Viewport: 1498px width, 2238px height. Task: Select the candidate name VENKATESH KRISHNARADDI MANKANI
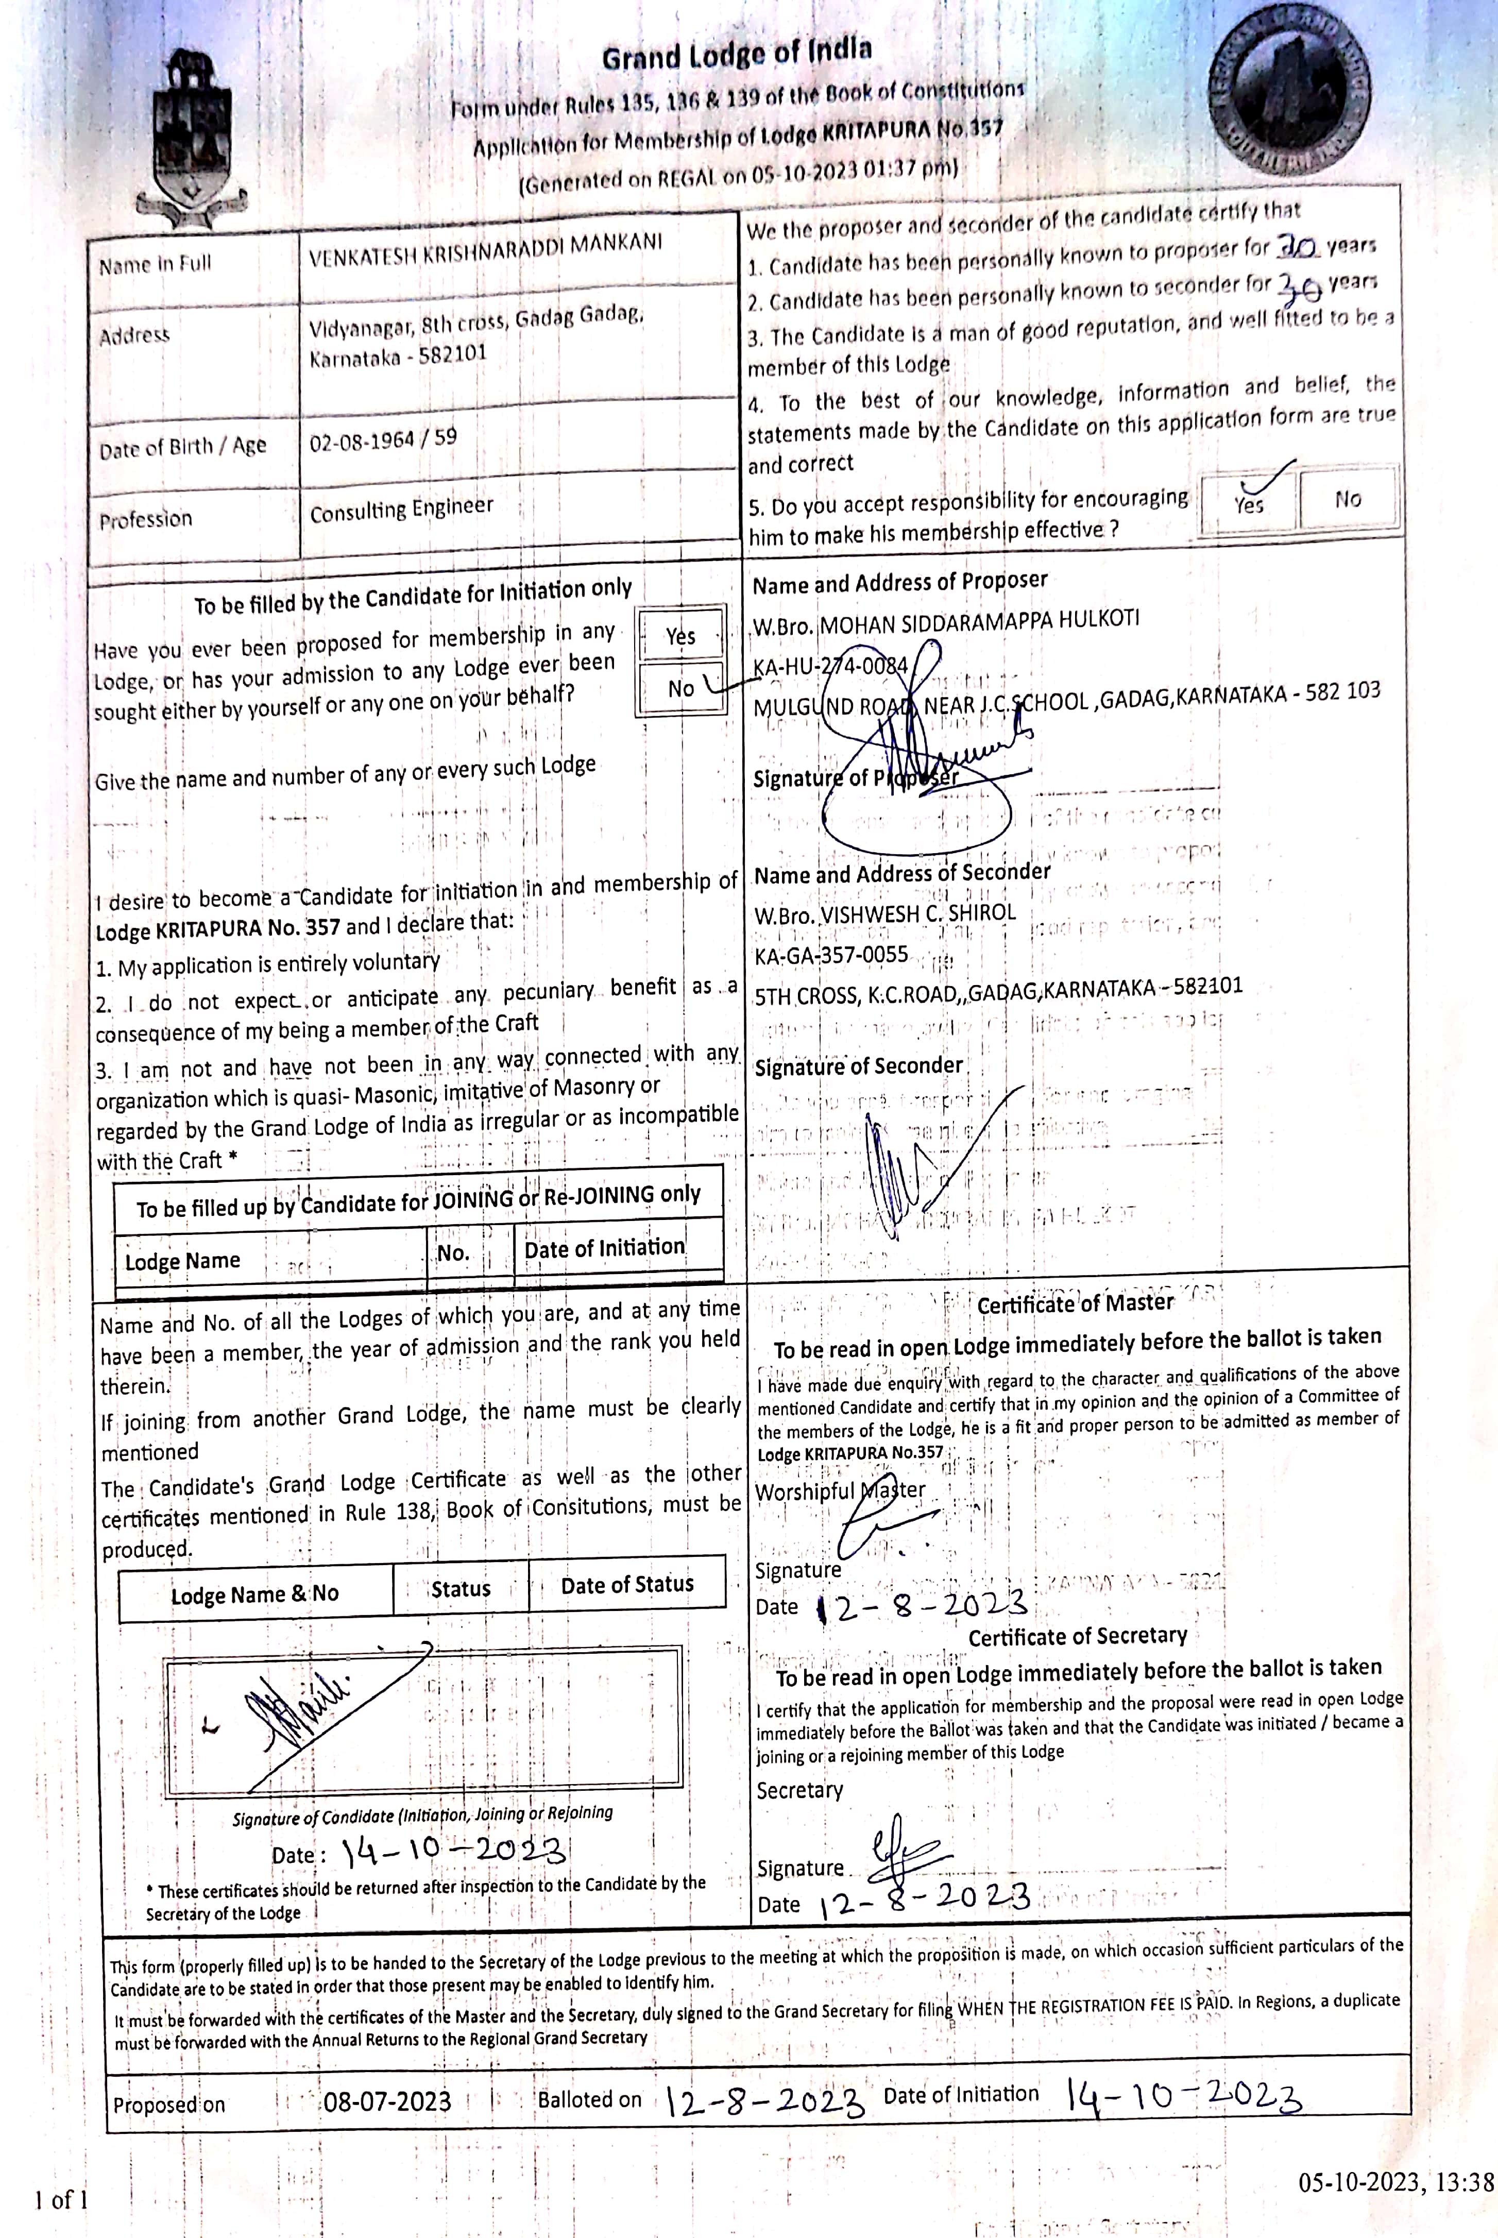[x=485, y=250]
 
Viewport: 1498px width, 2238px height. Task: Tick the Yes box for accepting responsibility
[x=1249, y=500]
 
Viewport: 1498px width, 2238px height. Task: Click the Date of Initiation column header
[x=604, y=1247]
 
